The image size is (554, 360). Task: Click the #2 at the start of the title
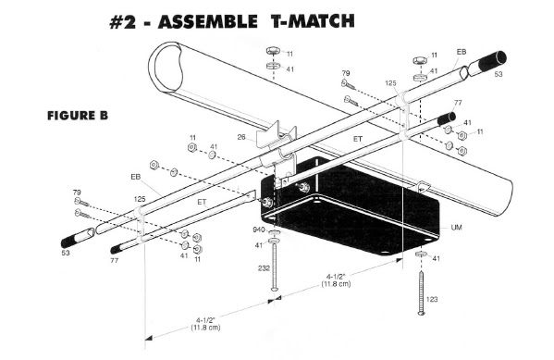pos(123,22)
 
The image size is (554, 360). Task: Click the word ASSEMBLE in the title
pos(208,22)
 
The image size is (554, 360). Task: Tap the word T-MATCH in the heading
pos(313,21)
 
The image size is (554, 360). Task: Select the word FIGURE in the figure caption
pos(67,116)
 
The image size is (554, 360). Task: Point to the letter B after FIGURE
pos(104,116)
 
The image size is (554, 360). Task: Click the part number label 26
pos(241,137)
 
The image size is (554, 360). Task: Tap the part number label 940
pos(259,230)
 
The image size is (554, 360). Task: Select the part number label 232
pos(264,268)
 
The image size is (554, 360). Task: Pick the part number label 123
pos(432,300)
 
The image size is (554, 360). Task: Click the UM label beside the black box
pos(456,228)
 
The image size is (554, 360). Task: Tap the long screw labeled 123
pos(421,293)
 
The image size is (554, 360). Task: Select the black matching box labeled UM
pos(350,205)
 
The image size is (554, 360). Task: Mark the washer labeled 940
pos(275,232)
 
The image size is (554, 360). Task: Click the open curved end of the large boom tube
pos(166,68)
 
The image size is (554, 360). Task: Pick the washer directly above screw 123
pos(421,254)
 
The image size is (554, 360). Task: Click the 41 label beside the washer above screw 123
pos(437,258)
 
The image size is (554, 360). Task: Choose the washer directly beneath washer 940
pos(275,241)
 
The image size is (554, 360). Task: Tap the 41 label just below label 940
pos(259,245)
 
